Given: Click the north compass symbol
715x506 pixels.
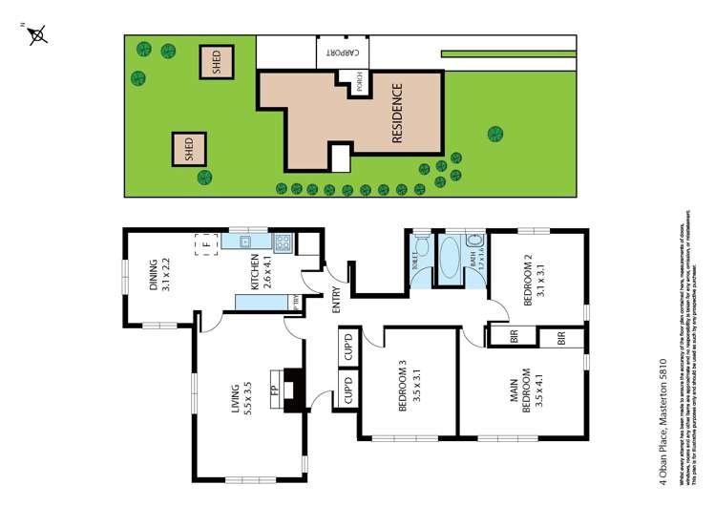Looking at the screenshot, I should (x=37, y=35).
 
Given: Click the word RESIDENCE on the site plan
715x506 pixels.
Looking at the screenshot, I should (x=397, y=114).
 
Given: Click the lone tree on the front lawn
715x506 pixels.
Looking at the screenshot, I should (x=494, y=134).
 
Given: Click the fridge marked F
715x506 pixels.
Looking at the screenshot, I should (x=203, y=244).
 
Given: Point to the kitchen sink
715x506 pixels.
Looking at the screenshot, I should (x=245, y=242).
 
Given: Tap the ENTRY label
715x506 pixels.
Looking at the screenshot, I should (x=336, y=301).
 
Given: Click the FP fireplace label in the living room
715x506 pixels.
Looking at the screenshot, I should (x=275, y=390).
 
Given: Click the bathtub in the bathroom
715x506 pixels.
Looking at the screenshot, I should (x=447, y=257).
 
